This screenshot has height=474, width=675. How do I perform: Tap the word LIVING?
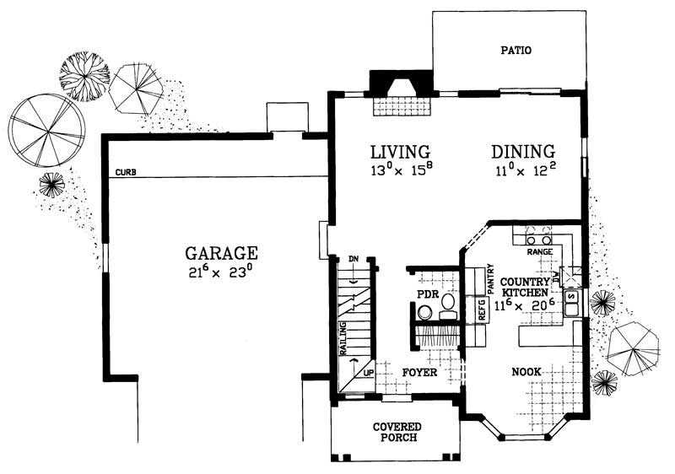click(x=401, y=152)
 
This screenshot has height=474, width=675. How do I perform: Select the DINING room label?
click(x=523, y=152)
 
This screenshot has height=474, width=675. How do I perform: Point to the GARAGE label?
click(x=222, y=252)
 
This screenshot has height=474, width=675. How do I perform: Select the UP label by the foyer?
click(x=368, y=372)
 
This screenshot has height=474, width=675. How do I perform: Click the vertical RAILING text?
click(x=344, y=339)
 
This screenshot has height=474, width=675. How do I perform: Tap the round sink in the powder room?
click(x=426, y=313)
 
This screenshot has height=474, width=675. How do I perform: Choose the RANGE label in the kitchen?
click(x=539, y=251)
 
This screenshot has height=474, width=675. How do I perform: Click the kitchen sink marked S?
click(x=571, y=297)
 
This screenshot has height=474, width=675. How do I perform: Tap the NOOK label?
click(x=526, y=372)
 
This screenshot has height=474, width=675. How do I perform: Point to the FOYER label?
click(x=418, y=372)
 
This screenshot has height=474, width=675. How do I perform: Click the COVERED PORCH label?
click(x=397, y=434)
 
